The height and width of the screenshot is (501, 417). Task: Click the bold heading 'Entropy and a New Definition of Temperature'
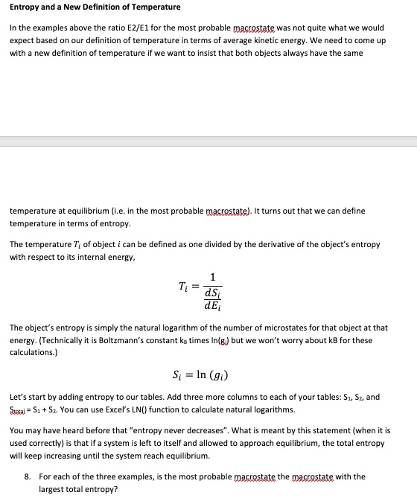pyautogui.click(x=95, y=7)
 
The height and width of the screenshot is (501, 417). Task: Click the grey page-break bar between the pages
pyautogui.click(x=208, y=141)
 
